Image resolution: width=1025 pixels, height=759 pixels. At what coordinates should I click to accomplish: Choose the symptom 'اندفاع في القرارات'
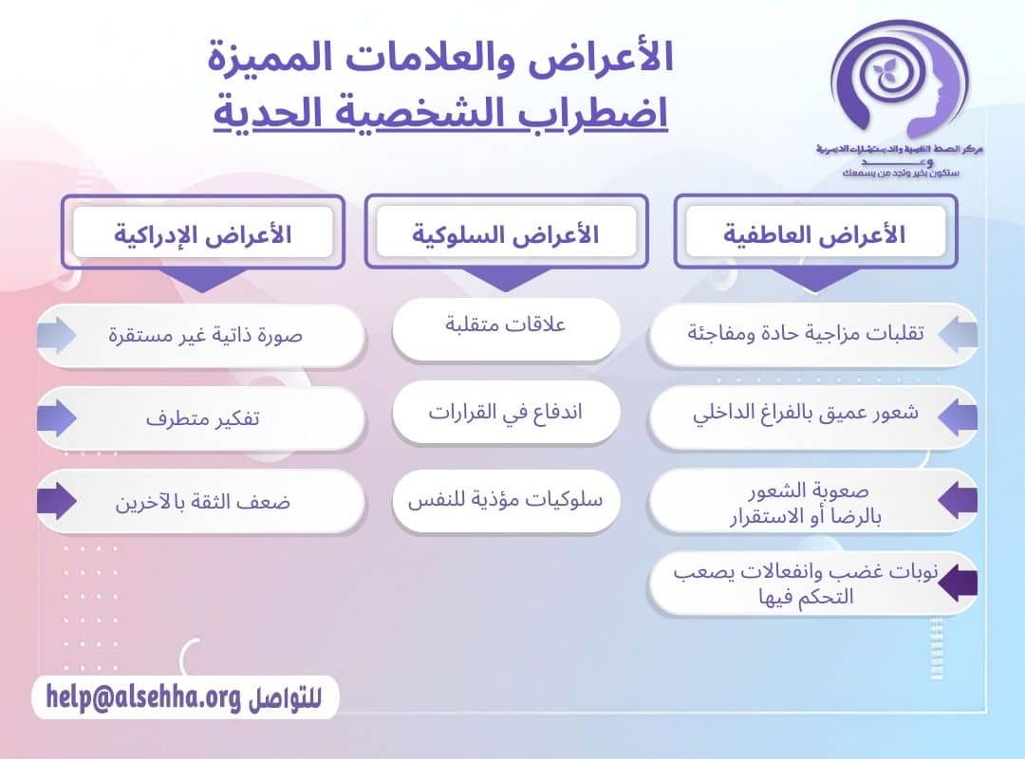click(x=506, y=413)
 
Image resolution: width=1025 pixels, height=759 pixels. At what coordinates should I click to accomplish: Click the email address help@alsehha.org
click(x=142, y=698)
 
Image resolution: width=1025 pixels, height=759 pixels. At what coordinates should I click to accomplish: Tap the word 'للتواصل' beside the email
click(x=285, y=700)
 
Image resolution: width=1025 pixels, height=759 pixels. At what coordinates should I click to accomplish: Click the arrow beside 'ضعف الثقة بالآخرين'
click(x=57, y=502)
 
